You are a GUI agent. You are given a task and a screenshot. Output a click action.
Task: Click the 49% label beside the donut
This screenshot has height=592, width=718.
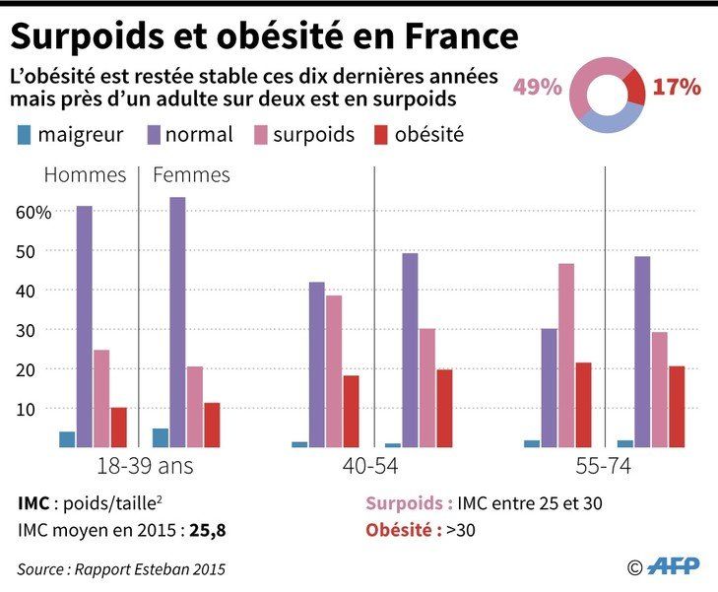tap(537, 87)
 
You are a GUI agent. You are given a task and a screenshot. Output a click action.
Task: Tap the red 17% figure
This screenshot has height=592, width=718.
tap(677, 87)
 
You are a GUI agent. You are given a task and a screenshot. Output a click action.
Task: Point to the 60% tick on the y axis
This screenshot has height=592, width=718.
tap(33, 212)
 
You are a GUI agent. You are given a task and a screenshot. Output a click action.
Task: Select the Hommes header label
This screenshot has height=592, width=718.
tap(86, 175)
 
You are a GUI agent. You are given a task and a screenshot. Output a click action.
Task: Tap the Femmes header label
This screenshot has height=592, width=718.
tap(191, 175)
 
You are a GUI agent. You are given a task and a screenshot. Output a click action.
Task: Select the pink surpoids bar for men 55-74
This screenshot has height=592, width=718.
tap(565, 355)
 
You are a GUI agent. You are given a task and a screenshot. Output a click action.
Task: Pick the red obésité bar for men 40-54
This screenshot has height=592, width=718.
tap(351, 411)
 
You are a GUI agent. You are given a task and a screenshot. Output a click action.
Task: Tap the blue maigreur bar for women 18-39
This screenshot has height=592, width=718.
tap(161, 437)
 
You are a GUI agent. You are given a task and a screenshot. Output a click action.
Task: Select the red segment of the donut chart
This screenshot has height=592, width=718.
tap(635, 88)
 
